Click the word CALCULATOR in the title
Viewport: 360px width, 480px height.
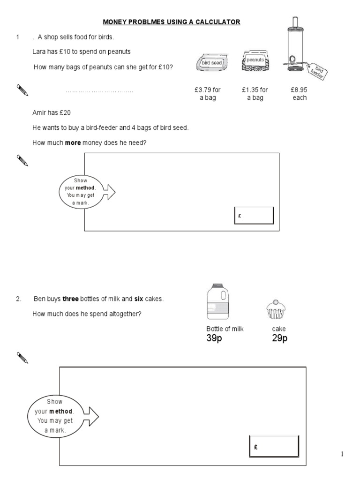217,22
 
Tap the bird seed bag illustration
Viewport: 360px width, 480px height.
211,62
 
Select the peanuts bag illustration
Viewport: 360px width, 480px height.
255,61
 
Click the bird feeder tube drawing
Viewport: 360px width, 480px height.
295,45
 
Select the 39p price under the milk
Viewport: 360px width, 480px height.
214,338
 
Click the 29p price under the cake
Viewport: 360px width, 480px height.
279,338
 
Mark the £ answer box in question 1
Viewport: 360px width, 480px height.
254,216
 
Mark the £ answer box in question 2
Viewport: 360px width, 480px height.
273,447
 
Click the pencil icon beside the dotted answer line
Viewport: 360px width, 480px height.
22,90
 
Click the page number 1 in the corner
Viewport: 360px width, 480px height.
342,454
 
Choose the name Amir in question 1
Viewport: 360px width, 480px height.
39,113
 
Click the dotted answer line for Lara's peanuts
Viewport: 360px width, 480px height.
99,91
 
